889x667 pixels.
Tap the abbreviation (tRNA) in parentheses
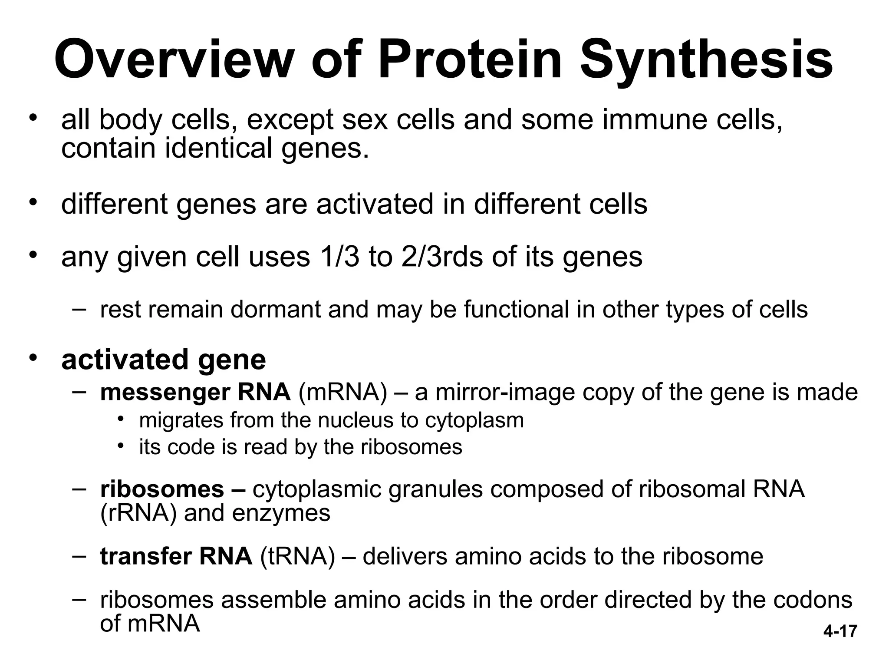click(297, 556)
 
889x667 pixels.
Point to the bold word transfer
click(145, 556)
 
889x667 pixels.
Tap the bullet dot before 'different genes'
click(33, 203)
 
